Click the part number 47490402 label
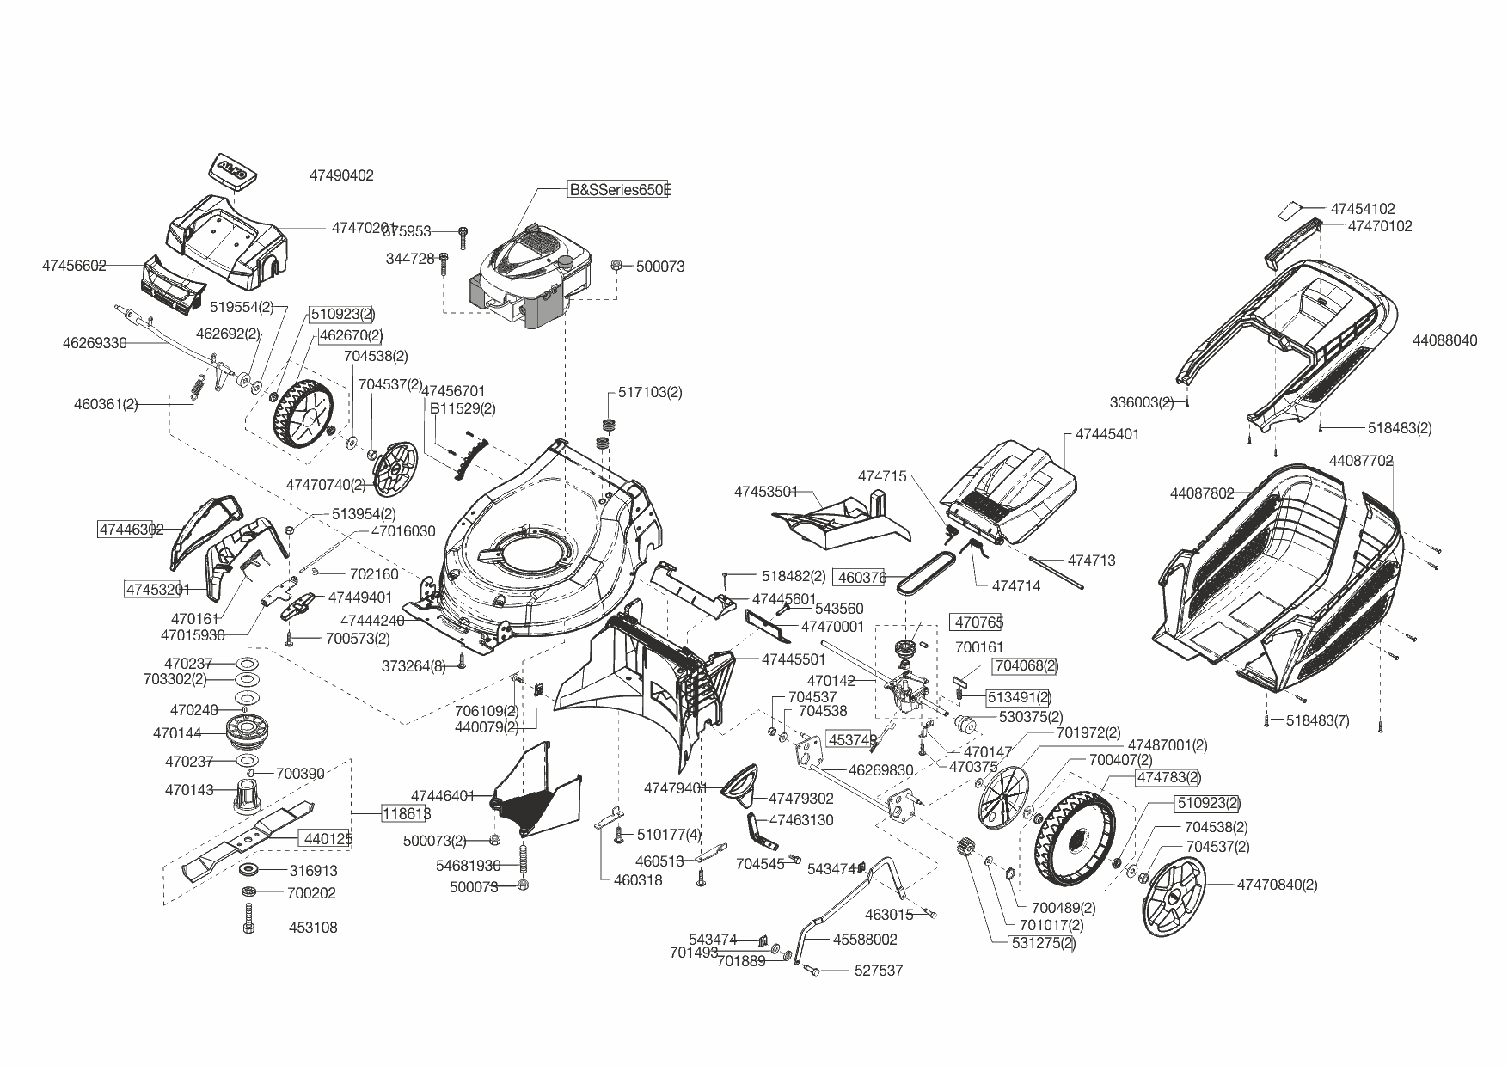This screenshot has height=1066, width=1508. (x=341, y=175)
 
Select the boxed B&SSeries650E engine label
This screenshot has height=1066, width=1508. (x=618, y=190)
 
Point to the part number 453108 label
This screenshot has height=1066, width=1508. (x=313, y=928)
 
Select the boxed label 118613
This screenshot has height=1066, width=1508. (x=406, y=813)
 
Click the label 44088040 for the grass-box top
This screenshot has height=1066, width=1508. (x=1444, y=340)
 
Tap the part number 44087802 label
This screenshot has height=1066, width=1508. (x=1202, y=493)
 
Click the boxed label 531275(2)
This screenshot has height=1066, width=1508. (x=1042, y=943)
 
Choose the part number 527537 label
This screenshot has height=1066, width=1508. (x=878, y=971)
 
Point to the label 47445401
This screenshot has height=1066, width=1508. (x=1106, y=434)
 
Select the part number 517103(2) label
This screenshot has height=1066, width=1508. (x=650, y=392)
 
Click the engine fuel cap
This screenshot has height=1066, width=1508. (x=565, y=261)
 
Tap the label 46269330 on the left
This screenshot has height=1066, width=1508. (x=95, y=343)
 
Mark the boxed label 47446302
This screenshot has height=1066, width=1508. (x=132, y=530)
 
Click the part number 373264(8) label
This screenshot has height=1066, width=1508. (x=414, y=666)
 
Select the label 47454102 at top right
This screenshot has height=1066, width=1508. (x=1363, y=209)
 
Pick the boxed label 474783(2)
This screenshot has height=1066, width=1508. (x=1168, y=778)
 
